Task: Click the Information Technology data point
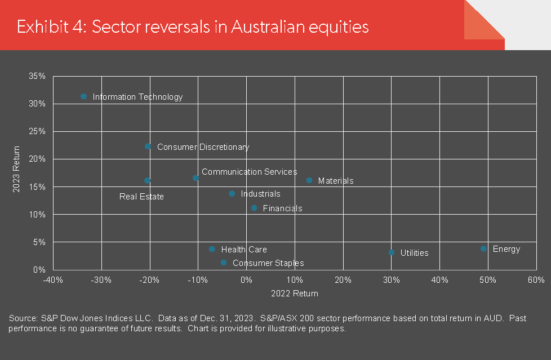[83, 96]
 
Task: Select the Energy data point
[483, 248]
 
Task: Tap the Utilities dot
[392, 252]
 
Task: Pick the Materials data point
[309, 180]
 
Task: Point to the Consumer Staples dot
[224, 263]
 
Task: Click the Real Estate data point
[147, 181]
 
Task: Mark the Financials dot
[254, 208]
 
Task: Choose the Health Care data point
[212, 249]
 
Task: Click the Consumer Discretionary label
[203, 147]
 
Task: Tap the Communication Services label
[250, 172]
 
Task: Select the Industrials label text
[260, 194]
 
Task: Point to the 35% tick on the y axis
[37, 76]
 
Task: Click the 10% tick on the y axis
[37, 215]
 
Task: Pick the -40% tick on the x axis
[53, 280]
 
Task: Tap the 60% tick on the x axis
[536, 280]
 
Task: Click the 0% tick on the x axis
[246, 280]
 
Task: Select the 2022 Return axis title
[295, 294]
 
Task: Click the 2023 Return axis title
[16, 169]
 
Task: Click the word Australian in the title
[268, 26]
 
